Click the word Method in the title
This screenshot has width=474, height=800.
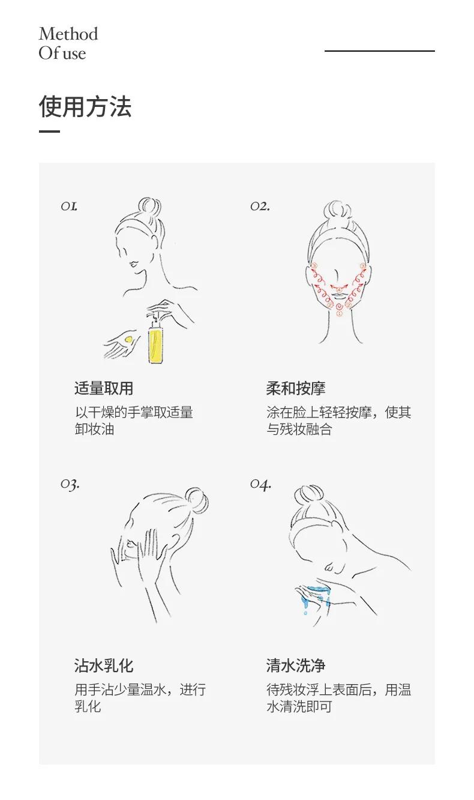68,34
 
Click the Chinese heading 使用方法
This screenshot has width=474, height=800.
85,106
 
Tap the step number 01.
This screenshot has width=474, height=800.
69,206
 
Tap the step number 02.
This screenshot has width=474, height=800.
260,206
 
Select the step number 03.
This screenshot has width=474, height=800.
70,485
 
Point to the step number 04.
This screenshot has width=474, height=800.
261,485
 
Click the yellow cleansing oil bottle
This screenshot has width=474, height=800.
155,342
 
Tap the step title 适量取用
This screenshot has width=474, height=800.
104,388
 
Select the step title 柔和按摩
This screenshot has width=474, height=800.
296,388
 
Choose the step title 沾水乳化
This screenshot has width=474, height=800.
104,665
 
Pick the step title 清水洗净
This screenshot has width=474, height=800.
296,665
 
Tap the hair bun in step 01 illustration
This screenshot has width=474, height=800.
149,206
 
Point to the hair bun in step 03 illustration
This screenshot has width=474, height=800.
197,500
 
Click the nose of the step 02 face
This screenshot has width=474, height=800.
337,279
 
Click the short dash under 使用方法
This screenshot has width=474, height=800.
49,132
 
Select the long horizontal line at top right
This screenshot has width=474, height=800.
379,51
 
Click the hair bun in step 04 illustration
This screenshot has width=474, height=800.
308,495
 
